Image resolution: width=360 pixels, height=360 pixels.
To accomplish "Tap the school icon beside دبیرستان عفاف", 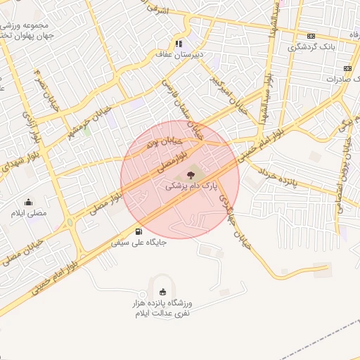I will pos(179,43).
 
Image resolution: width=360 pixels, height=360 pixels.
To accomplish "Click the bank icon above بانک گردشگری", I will pos(311,37).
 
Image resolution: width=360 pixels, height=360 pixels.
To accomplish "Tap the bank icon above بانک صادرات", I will pos(347,68).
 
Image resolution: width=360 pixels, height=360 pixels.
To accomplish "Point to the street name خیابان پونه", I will pos(157,143).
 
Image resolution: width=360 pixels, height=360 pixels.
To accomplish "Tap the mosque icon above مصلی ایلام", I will pos(29,202).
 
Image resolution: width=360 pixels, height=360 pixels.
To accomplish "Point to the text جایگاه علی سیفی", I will pos(138,243).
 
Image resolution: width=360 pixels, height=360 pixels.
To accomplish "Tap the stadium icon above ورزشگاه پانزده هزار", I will pos(163,292).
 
